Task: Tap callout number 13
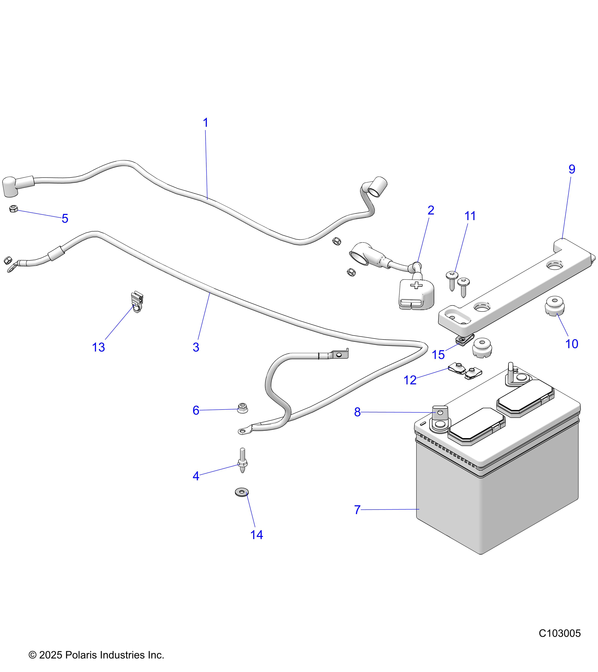98,347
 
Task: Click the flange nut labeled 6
243,409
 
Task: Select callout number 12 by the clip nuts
410,380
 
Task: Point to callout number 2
431,210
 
